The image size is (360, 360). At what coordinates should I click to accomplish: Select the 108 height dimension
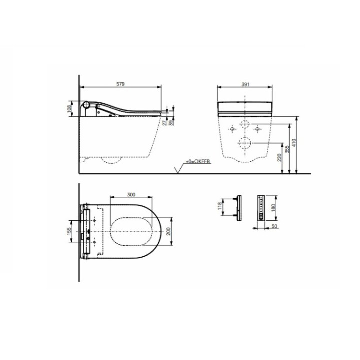(69, 109)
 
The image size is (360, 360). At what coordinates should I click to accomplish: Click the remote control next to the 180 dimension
(260, 207)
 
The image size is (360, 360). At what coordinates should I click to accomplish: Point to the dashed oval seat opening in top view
(131, 232)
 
